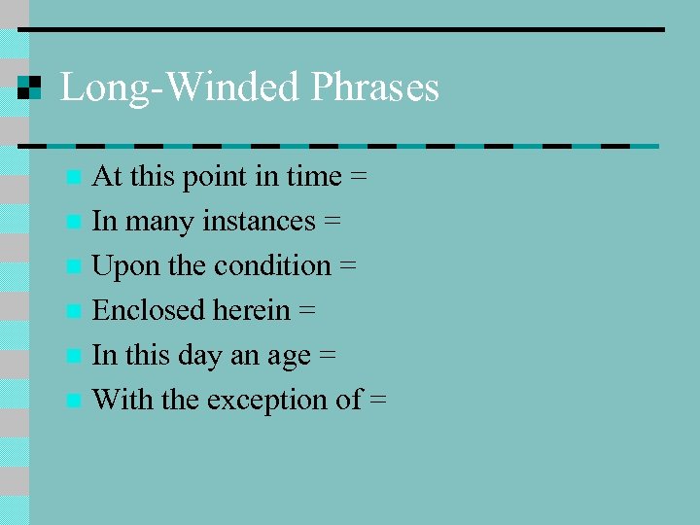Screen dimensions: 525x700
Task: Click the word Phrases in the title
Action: click(x=374, y=88)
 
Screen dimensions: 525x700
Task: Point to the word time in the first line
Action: click(x=314, y=177)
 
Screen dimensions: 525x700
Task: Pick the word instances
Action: click(x=260, y=222)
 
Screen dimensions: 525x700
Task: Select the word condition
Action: click(x=272, y=266)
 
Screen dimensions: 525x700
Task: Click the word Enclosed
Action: click(x=142, y=311)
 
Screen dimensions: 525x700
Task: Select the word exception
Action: click(x=269, y=401)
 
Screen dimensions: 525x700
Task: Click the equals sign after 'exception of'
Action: click(x=378, y=401)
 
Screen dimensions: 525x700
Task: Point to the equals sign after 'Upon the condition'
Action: click(x=348, y=266)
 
